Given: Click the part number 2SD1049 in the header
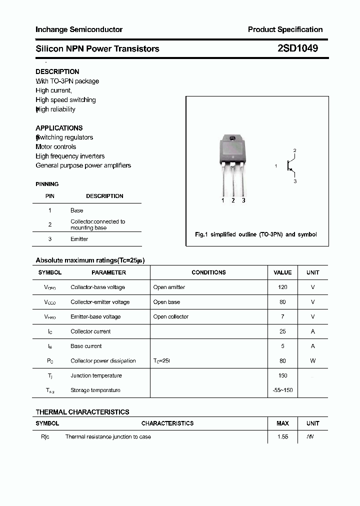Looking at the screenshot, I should (297, 48).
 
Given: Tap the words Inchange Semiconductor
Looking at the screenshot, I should (79, 29).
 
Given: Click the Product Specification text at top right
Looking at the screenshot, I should (285, 29).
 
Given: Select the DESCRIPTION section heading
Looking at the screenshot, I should (57, 71).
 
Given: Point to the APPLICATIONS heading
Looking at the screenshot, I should (59, 128).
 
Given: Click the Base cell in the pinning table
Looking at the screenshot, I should (77, 210).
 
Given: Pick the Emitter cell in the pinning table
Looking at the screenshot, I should (79, 239).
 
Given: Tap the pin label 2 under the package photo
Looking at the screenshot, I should (233, 200).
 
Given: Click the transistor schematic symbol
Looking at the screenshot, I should (289, 165).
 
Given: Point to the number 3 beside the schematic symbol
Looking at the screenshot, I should (295, 181).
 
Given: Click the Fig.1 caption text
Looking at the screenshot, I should (255, 234).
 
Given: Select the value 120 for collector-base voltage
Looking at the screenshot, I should (282, 287).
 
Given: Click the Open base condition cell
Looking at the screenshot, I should (166, 302).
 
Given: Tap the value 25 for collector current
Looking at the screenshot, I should (282, 331).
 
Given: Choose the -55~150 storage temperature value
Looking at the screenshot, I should (282, 390).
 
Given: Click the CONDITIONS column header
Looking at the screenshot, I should (208, 272).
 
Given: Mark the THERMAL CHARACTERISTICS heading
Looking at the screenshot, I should (82, 412).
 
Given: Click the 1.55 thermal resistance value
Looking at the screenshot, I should (282, 437).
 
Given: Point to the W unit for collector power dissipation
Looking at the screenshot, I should (313, 360).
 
